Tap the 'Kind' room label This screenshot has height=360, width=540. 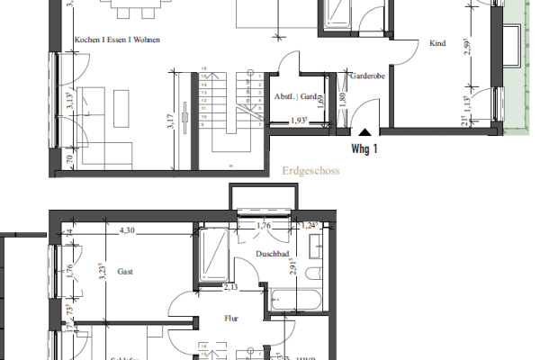[x=438, y=43]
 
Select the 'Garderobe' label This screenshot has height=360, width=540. [x=369, y=77]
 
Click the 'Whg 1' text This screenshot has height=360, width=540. [x=364, y=150]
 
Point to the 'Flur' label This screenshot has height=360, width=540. [x=231, y=317]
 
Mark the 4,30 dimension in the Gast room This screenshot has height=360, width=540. [x=128, y=231]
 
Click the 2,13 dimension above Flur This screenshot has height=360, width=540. [x=231, y=288]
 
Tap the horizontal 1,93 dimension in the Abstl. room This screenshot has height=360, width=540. [x=301, y=121]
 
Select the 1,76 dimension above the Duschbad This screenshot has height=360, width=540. [x=265, y=226]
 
